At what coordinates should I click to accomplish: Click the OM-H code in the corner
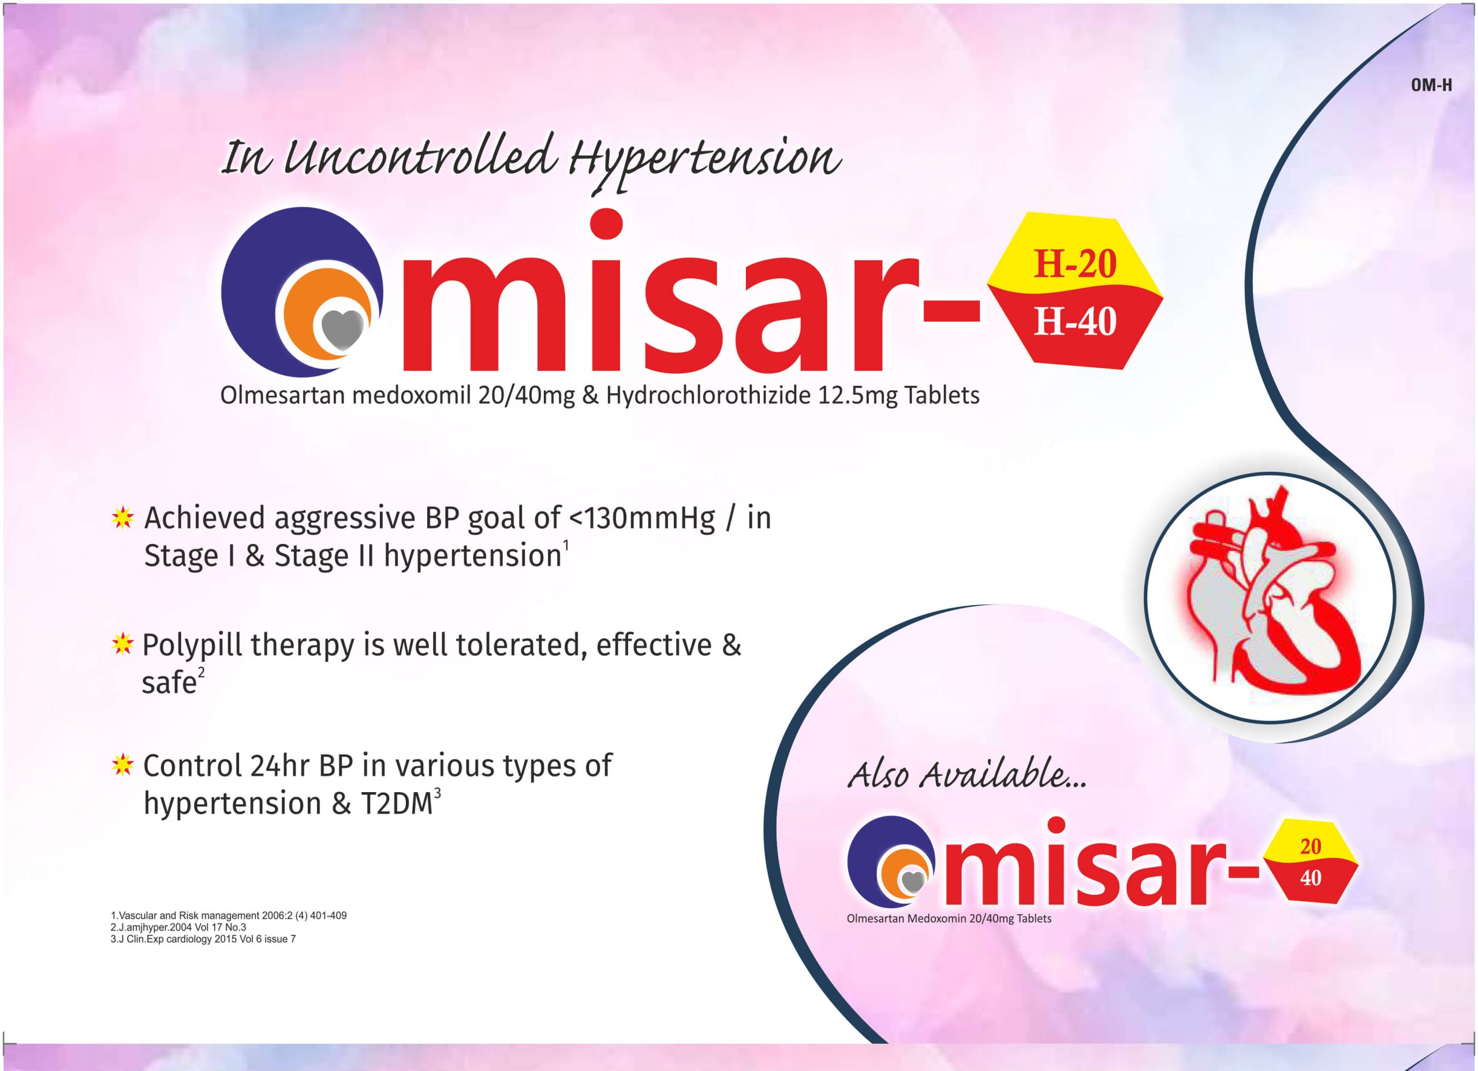pyautogui.click(x=1431, y=103)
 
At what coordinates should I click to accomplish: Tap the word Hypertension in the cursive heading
pyautogui.click(x=704, y=162)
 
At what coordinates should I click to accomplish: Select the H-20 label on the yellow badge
pyautogui.click(x=1075, y=264)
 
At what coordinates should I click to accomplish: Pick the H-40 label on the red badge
pyautogui.click(x=1075, y=322)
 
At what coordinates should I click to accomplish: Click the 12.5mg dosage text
pyautogui.click(x=857, y=396)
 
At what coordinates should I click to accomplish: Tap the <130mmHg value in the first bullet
pyautogui.click(x=643, y=519)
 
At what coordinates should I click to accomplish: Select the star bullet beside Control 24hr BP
pyautogui.click(x=122, y=765)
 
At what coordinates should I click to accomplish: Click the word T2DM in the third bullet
pyautogui.click(x=396, y=804)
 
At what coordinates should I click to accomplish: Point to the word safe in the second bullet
pyautogui.click(x=169, y=682)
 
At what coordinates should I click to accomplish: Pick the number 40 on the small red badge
pyautogui.click(x=1310, y=878)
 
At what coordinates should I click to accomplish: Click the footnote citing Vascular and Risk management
pyautogui.click(x=229, y=915)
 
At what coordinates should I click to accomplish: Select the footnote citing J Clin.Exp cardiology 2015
pyautogui.click(x=203, y=939)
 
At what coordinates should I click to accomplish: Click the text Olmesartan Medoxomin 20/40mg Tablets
pyautogui.click(x=949, y=919)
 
